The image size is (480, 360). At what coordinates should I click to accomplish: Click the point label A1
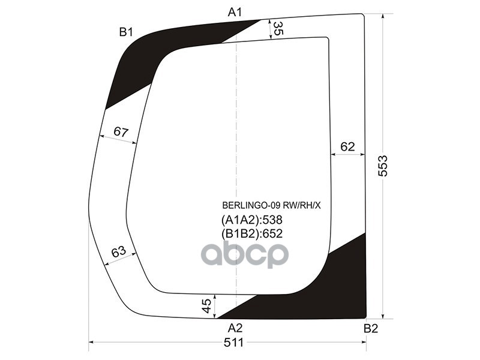pos(235,11)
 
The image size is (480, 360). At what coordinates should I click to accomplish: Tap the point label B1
pos(125,32)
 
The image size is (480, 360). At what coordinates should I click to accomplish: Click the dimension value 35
pos(278,28)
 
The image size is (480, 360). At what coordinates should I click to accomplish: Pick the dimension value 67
pos(121,132)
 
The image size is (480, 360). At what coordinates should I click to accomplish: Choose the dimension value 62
pos(348,146)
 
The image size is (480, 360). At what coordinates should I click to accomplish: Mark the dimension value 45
pos(206,306)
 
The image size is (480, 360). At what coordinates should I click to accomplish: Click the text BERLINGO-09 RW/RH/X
pos(272,205)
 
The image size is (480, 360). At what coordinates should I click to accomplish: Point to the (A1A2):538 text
pos(252,220)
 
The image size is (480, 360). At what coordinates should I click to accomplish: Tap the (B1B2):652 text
pos(252,233)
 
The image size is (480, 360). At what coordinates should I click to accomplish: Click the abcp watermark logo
pos(245,254)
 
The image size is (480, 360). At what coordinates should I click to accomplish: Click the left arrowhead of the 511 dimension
pos(92,343)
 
